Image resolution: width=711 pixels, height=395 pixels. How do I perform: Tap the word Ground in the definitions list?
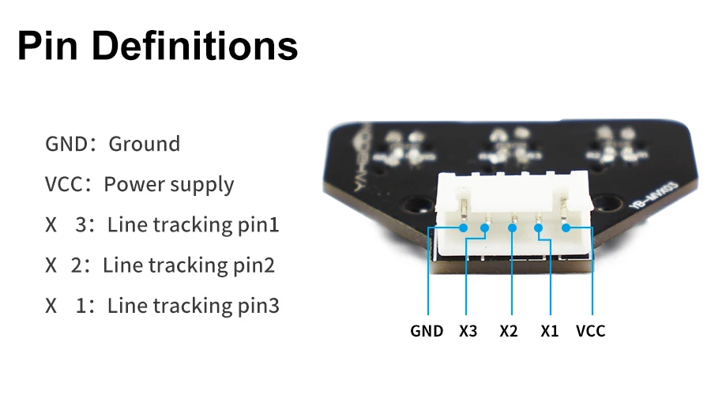click(145, 144)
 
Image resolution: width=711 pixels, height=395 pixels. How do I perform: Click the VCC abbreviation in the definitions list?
click(64, 185)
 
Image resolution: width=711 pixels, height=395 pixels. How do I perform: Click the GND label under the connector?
click(427, 331)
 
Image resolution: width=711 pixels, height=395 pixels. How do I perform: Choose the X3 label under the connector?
click(468, 331)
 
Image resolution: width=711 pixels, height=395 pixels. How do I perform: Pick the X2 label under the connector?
click(509, 331)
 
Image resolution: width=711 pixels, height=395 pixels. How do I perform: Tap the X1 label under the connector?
click(549, 331)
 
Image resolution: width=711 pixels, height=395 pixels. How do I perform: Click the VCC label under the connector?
click(591, 331)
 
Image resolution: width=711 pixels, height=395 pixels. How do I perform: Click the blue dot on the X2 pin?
click(513, 228)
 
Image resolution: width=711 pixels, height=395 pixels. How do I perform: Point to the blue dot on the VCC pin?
click(566, 228)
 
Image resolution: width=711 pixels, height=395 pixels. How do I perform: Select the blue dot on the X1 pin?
click(539, 228)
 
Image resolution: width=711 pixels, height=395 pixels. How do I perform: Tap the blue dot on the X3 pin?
click(485, 228)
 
